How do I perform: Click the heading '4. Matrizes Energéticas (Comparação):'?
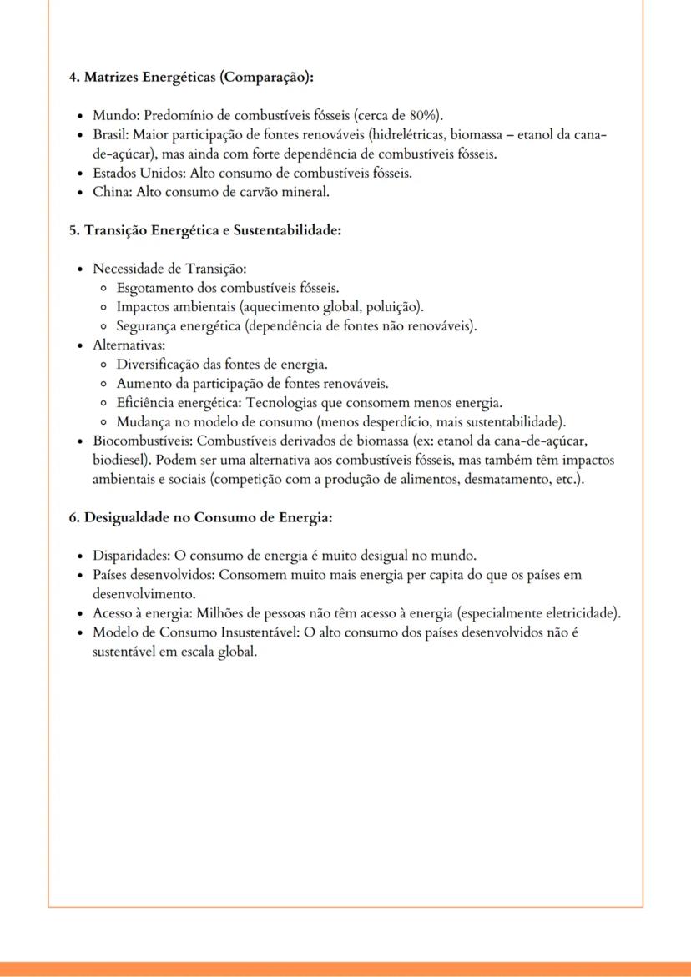coord(191,78)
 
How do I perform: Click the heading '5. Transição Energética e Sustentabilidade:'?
coord(205,231)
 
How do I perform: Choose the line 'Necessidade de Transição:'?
coord(170,269)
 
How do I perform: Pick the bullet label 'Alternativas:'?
coord(129,345)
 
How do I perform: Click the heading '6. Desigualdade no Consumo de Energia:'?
coord(200,517)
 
